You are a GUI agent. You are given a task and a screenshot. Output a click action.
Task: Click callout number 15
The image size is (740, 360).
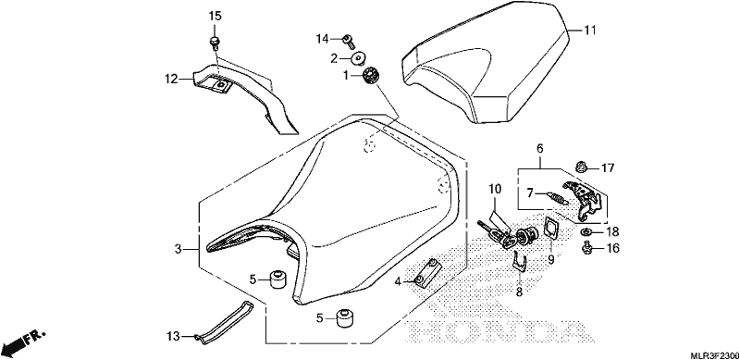pyautogui.click(x=215, y=16)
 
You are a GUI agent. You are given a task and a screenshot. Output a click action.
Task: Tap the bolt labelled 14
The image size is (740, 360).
pyautogui.click(x=350, y=41)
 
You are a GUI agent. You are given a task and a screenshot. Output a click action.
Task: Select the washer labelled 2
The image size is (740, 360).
pyautogui.click(x=359, y=59)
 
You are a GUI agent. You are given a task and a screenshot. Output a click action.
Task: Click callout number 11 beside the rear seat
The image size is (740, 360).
pyautogui.click(x=590, y=31)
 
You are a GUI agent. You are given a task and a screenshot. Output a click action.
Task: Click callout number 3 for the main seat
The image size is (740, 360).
pyautogui.click(x=178, y=249)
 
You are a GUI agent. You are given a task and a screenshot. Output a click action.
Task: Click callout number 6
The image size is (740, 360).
pyautogui.click(x=540, y=148)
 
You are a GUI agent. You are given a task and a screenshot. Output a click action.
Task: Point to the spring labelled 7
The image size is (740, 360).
pyautogui.click(x=560, y=197)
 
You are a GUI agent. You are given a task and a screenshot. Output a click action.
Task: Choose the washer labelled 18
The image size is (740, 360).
pyautogui.click(x=584, y=231)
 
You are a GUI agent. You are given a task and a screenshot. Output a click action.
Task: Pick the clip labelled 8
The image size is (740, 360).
pyautogui.click(x=520, y=262)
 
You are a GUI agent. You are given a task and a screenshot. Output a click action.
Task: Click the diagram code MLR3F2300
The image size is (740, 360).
pyautogui.click(x=714, y=354)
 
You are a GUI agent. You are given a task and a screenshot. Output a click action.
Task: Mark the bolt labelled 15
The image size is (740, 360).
pyautogui.click(x=214, y=43)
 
